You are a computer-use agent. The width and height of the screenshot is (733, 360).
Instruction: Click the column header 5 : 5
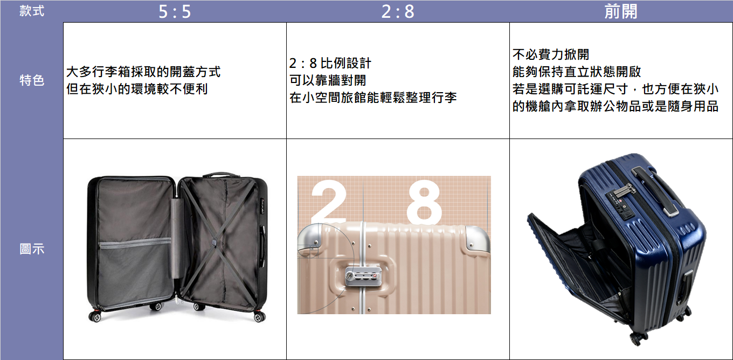pyautogui.click(x=175, y=12)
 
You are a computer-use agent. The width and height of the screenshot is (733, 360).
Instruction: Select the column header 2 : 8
pyautogui.click(x=398, y=12)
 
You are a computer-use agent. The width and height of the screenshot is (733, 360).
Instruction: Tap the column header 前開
pyautogui.click(x=621, y=11)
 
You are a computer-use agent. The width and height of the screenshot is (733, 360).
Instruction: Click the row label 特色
pyautogui.click(x=32, y=80)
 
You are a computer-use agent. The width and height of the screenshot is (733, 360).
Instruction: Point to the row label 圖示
pyautogui.click(x=32, y=249)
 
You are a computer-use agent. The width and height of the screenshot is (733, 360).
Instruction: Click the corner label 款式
pyautogui.click(x=32, y=11)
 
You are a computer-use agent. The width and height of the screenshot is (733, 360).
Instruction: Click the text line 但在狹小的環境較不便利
pyautogui.click(x=137, y=89)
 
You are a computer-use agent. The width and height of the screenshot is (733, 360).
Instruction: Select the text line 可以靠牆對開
pyautogui.click(x=328, y=80)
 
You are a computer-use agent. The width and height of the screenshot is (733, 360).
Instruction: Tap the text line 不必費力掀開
pyautogui.click(x=551, y=54)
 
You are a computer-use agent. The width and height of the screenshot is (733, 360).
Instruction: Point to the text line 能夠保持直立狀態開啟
pyautogui.click(x=577, y=72)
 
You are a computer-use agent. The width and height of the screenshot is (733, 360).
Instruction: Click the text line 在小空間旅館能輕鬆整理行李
pyautogui.click(x=373, y=98)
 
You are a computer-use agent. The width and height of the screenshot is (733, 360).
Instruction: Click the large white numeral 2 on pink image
pyautogui.click(x=329, y=200)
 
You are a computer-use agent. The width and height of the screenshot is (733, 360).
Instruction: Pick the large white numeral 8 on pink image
pyautogui.click(x=424, y=202)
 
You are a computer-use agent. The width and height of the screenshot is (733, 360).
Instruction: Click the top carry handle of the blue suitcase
pyautogui.click(x=655, y=191)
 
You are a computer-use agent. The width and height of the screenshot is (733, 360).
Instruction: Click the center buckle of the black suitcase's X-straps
pyautogui.click(x=214, y=241)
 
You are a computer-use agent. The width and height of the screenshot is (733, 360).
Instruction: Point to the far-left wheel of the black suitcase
pyautogui.click(x=95, y=316)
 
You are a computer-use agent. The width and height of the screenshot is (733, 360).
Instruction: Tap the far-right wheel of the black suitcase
pyautogui.click(x=259, y=317)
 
